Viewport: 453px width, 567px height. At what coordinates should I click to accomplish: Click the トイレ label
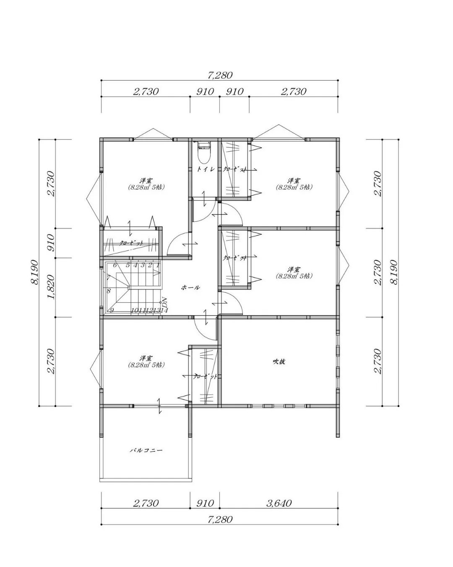(x=206, y=169)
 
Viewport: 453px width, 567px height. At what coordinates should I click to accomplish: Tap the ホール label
(x=190, y=288)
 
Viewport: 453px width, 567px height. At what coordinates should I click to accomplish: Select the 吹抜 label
(x=279, y=361)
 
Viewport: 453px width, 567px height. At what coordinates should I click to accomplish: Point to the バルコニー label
(x=146, y=450)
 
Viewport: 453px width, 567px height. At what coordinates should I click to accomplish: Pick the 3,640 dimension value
(x=279, y=503)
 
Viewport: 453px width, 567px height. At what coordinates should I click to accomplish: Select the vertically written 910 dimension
(x=51, y=243)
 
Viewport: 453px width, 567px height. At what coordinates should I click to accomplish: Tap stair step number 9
(x=112, y=310)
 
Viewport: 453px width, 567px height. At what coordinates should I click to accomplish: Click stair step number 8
(x=109, y=291)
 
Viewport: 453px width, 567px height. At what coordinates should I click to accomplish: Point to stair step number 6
(x=115, y=265)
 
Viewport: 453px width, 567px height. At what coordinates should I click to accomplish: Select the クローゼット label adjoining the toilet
(x=234, y=169)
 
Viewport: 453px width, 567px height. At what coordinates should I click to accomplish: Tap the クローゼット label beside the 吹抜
(x=205, y=377)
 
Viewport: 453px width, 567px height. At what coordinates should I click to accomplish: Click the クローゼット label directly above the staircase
(x=131, y=243)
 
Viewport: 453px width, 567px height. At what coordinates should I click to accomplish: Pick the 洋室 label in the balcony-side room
(x=146, y=358)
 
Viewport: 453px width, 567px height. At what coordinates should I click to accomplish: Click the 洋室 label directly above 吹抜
(x=294, y=269)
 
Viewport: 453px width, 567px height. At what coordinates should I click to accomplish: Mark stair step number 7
(x=108, y=278)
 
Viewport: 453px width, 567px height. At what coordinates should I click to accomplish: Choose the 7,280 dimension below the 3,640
(x=220, y=520)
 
